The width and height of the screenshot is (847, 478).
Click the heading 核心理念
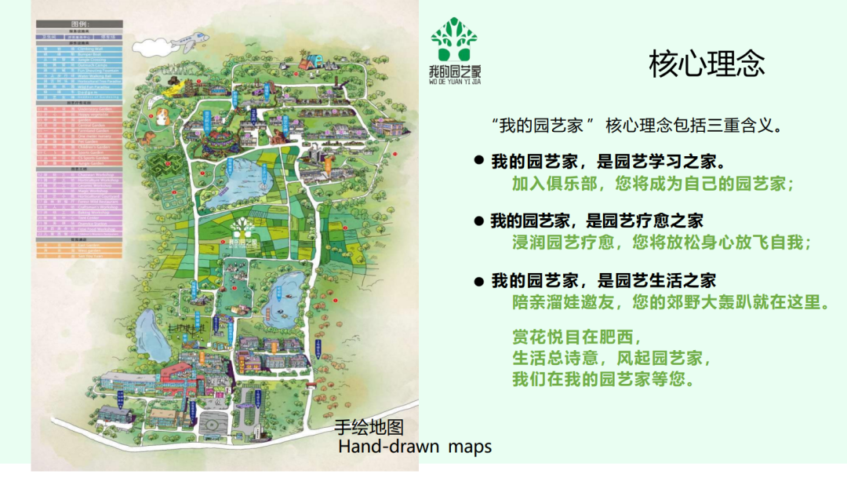point(707,64)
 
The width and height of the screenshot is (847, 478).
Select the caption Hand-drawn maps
point(414,447)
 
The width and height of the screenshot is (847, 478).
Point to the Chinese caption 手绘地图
point(369,428)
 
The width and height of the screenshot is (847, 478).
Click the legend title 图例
point(79,24)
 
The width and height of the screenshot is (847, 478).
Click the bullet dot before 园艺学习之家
point(478,161)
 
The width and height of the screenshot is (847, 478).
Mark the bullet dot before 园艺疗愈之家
point(478,221)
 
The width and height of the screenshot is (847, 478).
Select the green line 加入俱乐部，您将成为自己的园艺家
point(653,184)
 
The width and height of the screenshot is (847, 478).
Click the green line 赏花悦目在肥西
point(576,338)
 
